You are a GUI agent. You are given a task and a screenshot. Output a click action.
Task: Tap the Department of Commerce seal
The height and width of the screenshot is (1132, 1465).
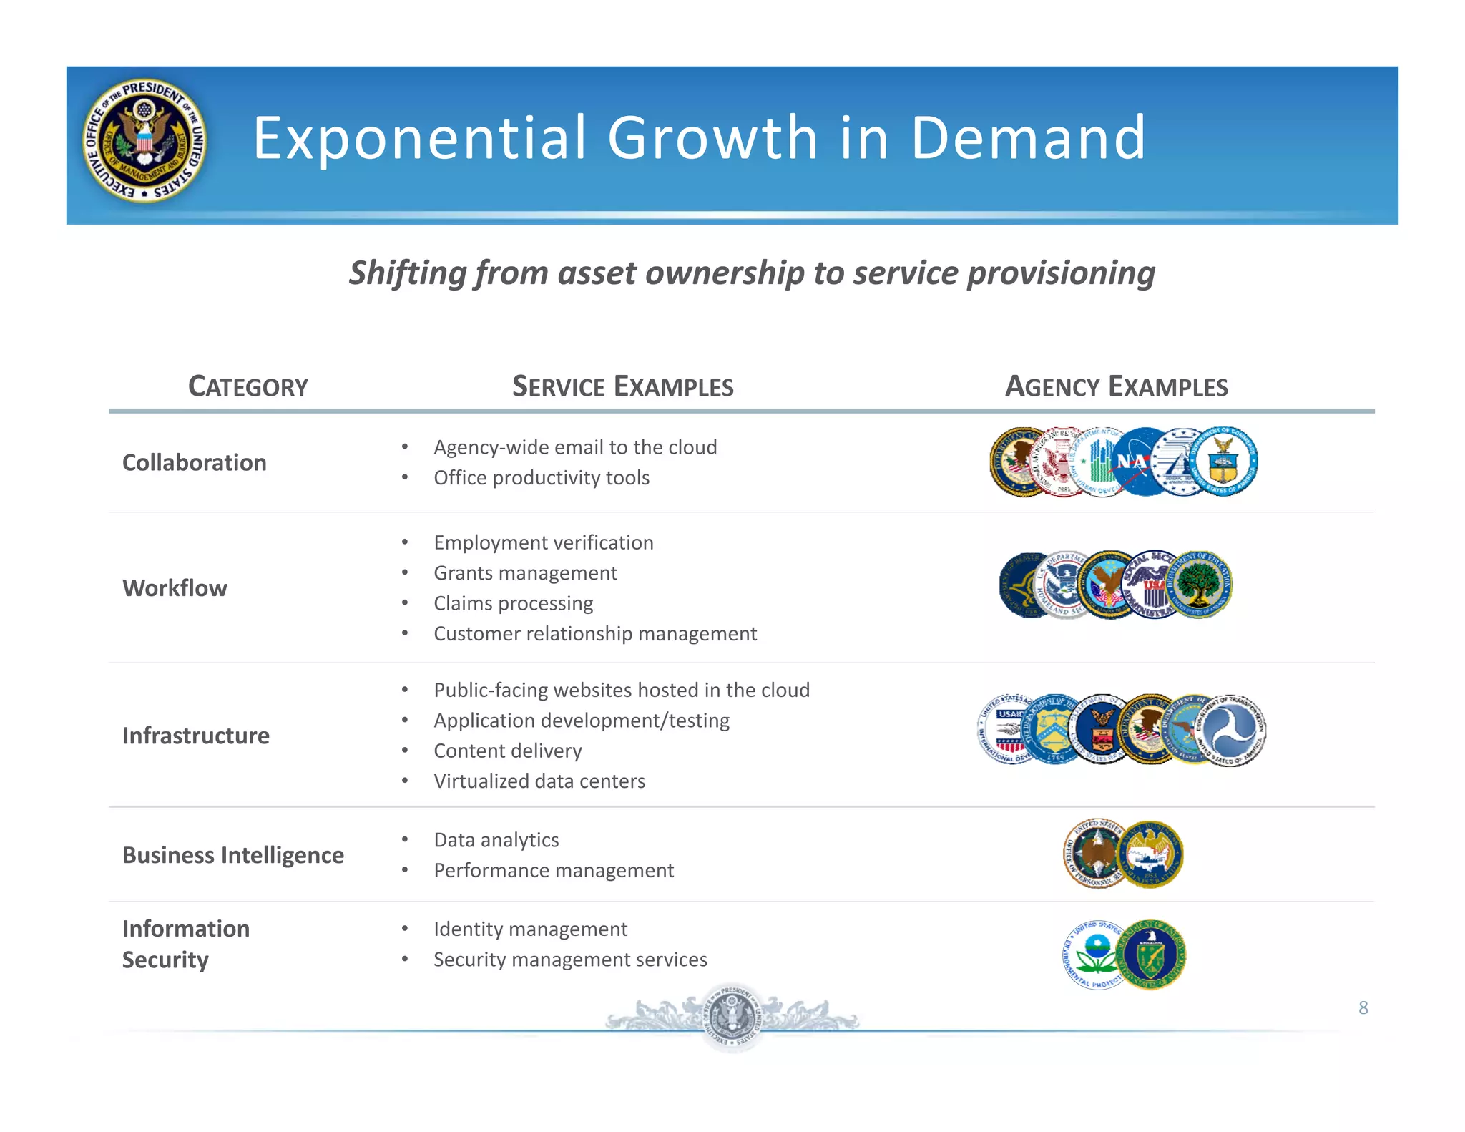pyautogui.click(x=1225, y=462)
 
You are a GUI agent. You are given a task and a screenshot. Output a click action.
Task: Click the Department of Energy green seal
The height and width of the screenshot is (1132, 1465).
pyautogui.click(x=1151, y=955)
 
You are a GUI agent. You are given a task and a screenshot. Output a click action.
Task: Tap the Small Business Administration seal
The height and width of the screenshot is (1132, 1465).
pyautogui.click(x=1150, y=854)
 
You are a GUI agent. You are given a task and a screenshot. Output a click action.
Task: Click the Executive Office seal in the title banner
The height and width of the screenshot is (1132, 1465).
pyautogui.click(x=145, y=140)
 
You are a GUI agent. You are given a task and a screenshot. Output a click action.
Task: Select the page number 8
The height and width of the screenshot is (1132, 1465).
pyautogui.click(x=1363, y=1007)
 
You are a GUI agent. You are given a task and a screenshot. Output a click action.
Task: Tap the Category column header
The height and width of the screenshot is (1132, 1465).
pyautogui.click(x=248, y=386)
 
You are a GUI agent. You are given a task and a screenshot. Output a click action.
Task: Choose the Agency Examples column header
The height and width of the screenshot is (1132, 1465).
pyautogui.click(x=1116, y=386)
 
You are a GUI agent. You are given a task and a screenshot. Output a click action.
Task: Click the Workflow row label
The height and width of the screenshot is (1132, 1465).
pyautogui.click(x=175, y=588)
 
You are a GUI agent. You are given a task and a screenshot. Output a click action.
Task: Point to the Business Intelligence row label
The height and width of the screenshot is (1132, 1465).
pyautogui.click(x=233, y=855)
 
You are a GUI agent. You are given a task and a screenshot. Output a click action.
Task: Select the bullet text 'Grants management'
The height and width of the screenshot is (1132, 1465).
pyautogui.click(x=525, y=573)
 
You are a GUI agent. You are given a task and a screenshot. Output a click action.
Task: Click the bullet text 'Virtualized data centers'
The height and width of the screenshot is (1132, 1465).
pyautogui.click(x=539, y=781)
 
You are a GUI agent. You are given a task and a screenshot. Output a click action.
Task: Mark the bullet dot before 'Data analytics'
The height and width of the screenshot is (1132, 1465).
pyautogui.click(x=405, y=839)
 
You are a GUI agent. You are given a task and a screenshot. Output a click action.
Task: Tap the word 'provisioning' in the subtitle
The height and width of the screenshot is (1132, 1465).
pyautogui.click(x=1061, y=273)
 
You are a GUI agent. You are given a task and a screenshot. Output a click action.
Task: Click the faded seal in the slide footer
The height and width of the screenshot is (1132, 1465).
pyautogui.click(x=731, y=1017)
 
